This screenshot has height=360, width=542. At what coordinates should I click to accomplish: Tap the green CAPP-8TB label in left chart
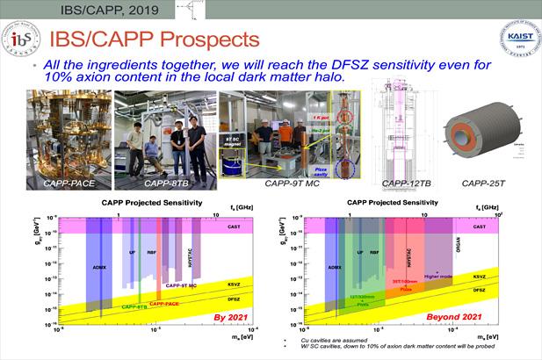[x=134, y=306]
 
